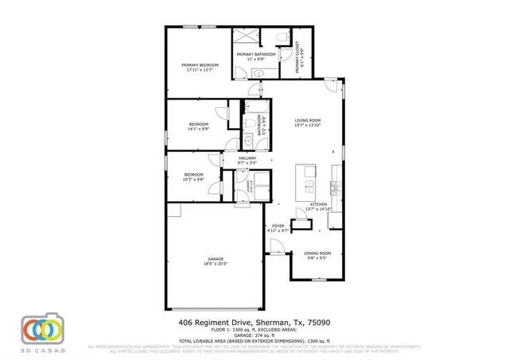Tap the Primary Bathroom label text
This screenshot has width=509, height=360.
(256, 56)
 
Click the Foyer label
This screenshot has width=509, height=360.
(278, 227)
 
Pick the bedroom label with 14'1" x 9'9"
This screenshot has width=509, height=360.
(198, 126)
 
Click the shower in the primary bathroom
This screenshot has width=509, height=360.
(247, 37)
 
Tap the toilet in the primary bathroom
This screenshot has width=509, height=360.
(282, 37)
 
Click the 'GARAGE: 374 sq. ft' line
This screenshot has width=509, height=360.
(254, 335)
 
